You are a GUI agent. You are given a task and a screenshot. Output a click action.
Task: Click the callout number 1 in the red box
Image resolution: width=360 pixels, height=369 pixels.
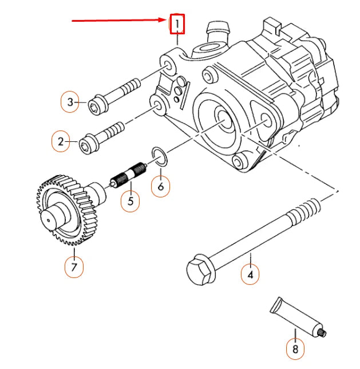177,24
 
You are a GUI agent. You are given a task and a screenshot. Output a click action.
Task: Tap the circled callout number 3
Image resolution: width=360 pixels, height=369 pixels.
70,102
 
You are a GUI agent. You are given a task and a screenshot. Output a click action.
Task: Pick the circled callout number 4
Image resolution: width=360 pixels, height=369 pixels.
250,275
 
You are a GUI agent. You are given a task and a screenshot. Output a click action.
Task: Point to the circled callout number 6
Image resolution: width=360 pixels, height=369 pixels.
161,187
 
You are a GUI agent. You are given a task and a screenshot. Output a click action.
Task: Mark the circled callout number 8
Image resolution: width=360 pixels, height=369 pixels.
295,350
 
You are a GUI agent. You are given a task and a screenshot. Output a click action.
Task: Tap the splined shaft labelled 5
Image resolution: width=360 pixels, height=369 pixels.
129,176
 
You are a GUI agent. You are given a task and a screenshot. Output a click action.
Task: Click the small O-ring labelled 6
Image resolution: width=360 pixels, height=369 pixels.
160,158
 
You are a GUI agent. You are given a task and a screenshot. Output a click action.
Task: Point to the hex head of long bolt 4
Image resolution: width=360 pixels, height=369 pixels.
199,271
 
